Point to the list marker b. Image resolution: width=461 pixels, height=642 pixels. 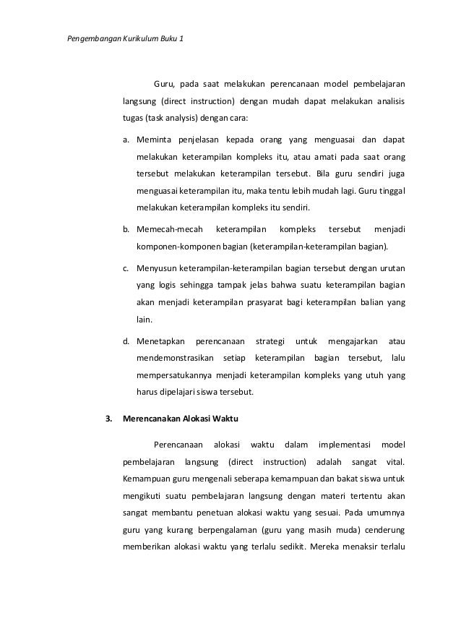click(126, 229)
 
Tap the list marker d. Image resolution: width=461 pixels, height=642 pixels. click(126, 339)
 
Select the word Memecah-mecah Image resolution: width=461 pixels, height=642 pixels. click(163, 229)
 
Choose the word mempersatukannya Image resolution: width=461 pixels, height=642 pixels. click(173, 375)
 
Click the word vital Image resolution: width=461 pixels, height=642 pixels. click(395, 461)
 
